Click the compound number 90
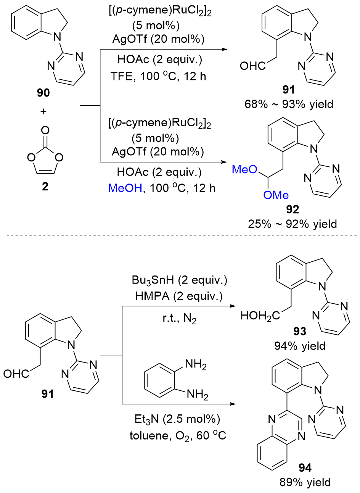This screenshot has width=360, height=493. point(43,93)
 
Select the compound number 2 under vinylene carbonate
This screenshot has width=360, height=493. point(45,187)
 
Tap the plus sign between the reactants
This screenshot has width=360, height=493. point(43,111)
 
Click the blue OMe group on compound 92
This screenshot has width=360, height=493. point(276,195)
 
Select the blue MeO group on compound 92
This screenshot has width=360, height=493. point(245,169)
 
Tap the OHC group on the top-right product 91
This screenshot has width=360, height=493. point(252,66)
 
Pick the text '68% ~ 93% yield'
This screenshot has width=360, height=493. point(289,104)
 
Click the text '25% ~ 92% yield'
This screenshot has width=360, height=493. point(292,224)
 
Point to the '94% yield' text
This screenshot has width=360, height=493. point(300,346)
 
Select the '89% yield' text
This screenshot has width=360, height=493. point(305,482)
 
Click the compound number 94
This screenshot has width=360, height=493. point(305,467)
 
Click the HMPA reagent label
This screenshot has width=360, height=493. point(152,296)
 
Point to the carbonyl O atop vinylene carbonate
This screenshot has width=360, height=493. point(45,131)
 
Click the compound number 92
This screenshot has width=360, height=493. point(292,209)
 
